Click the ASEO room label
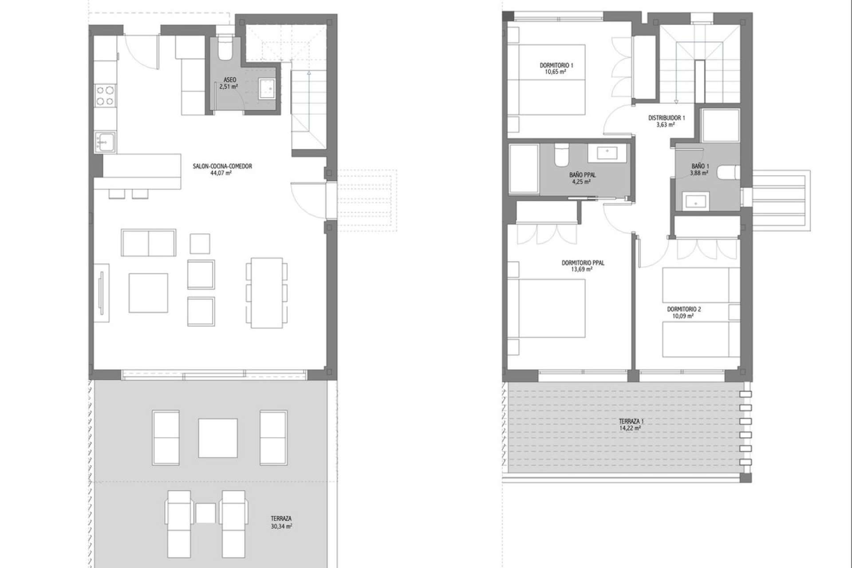pos(230,80)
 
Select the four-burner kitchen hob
pos(105,96)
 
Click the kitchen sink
pos(105,142)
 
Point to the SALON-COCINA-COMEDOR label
pos(222,166)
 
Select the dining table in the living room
pos(267,293)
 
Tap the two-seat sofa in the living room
pos(149,243)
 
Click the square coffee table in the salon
pos(149,293)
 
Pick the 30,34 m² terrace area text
pos(281,527)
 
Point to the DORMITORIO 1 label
pos(556,65)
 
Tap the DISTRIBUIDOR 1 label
pos(667,118)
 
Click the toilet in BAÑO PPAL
pos(560,154)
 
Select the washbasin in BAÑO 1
pos(695,200)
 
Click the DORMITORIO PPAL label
pos(583,263)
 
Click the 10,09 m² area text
pos(683,316)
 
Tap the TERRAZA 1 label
pos(631,421)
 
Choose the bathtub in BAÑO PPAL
pos(523,168)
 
